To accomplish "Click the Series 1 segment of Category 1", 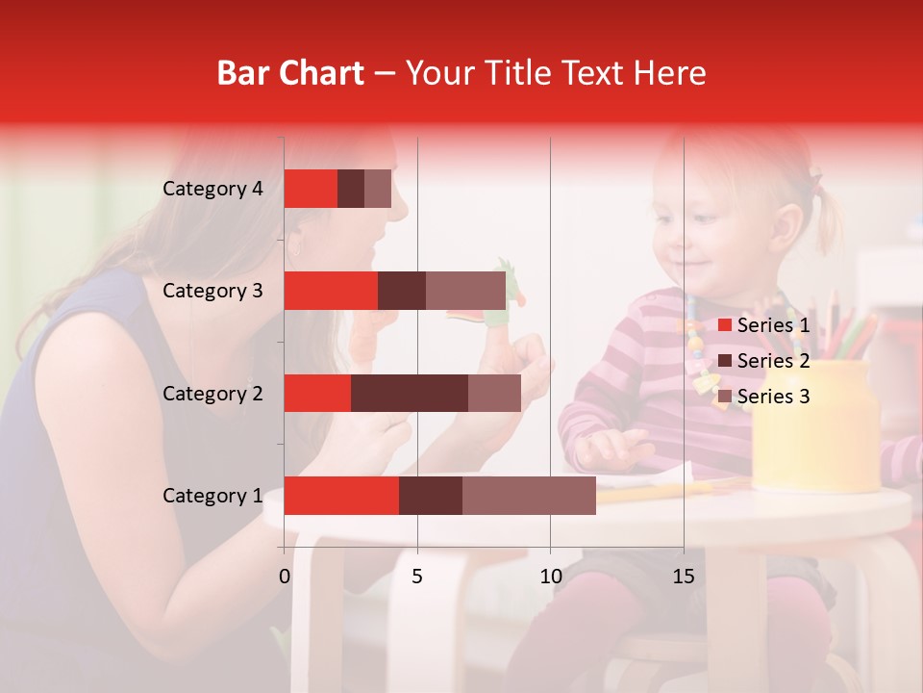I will [x=341, y=496].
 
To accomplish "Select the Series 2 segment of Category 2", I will [x=410, y=394].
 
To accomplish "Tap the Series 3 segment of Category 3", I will [x=465, y=291].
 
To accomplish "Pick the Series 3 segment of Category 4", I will [x=378, y=189].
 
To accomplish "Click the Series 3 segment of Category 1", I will [x=529, y=496].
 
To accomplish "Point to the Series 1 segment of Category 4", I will [x=311, y=189].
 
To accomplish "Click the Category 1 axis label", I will [x=212, y=496].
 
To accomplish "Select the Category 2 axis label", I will [x=212, y=394].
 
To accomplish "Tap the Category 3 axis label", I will [x=212, y=291].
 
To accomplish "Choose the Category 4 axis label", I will [x=212, y=189].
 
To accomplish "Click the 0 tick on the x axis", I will [x=285, y=577].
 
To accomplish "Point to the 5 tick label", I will [x=417, y=577].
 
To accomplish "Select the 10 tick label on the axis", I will [x=550, y=577].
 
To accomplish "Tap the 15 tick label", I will [x=684, y=577].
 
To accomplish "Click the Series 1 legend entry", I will [x=763, y=325].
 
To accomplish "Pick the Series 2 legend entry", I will [x=763, y=361].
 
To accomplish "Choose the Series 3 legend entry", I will [x=763, y=397].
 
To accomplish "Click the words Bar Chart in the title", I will [x=290, y=73].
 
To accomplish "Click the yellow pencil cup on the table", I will [x=815, y=423].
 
